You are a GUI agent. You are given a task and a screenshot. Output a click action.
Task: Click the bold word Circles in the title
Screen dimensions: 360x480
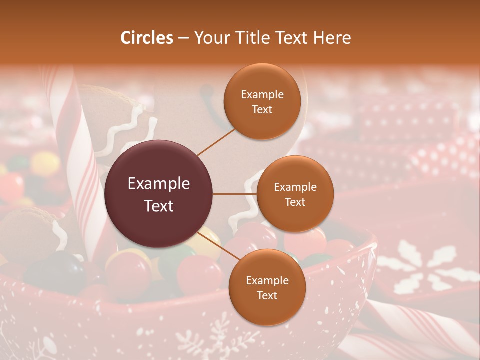tap(147, 38)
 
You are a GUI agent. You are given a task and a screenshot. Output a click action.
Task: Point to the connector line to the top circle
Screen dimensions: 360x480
tap(216, 141)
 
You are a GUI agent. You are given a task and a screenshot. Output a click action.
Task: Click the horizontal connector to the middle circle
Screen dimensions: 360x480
tap(235, 194)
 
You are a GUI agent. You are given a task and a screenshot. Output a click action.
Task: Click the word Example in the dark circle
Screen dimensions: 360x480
tap(158, 184)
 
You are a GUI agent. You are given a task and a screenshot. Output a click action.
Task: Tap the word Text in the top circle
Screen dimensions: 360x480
tap(262, 110)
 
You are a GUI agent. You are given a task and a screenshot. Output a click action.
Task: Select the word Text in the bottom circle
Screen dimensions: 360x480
tap(267, 296)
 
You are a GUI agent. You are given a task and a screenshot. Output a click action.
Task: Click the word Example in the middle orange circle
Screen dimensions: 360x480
tap(295, 187)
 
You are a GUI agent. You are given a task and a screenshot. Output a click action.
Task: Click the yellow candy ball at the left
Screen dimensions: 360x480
tap(45, 162)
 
